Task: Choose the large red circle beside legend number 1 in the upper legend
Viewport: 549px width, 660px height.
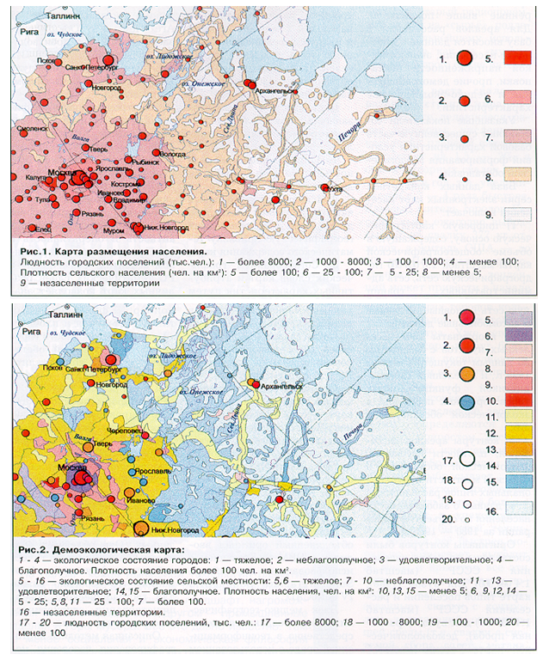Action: (x=464, y=59)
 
